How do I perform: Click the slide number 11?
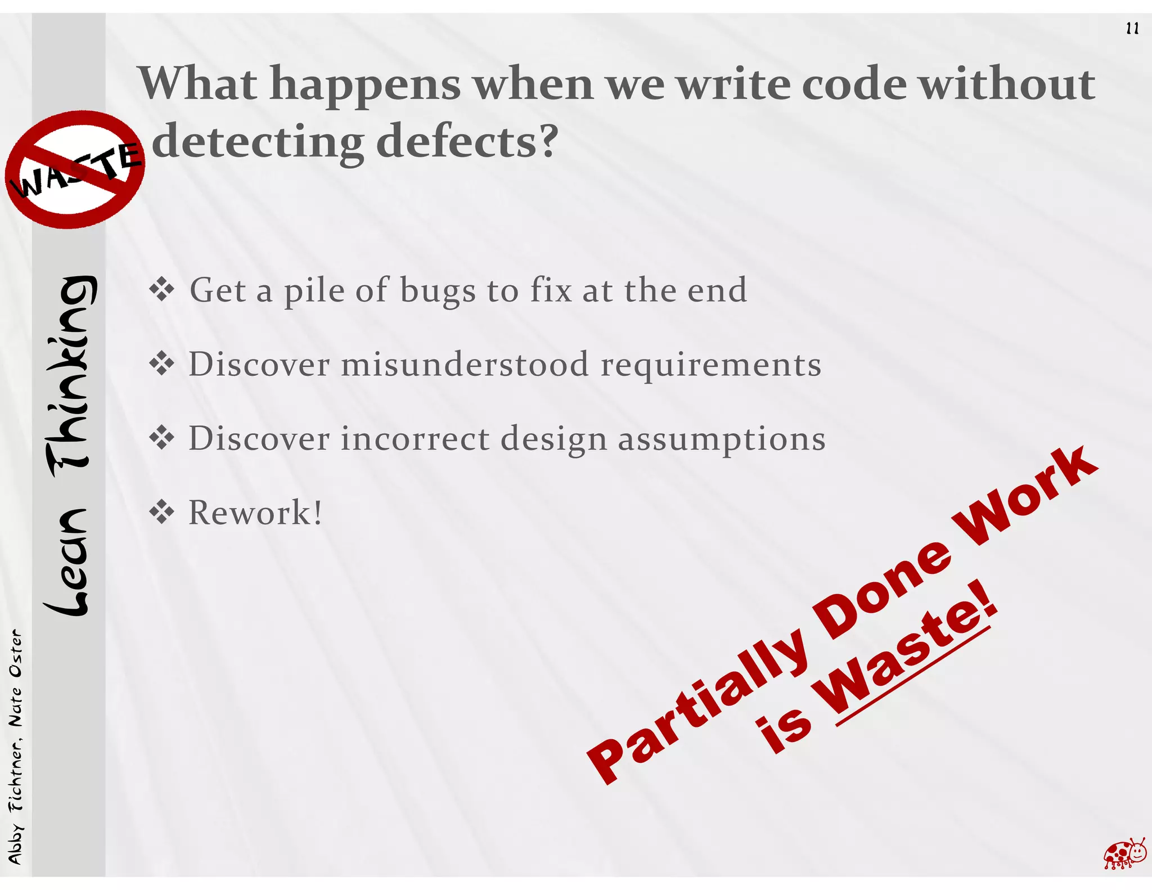(x=1132, y=29)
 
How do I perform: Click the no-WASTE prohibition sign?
(x=74, y=169)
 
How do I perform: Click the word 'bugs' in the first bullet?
(x=438, y=291)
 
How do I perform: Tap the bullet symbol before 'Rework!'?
(x=162, y=513)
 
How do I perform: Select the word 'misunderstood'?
(x=465, y=365)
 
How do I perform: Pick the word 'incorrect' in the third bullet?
(x=415, y=438)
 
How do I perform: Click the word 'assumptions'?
(x=722, y=439)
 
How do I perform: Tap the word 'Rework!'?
(x=255, y=513)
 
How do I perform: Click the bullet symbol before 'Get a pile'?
(x=162, y=290)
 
